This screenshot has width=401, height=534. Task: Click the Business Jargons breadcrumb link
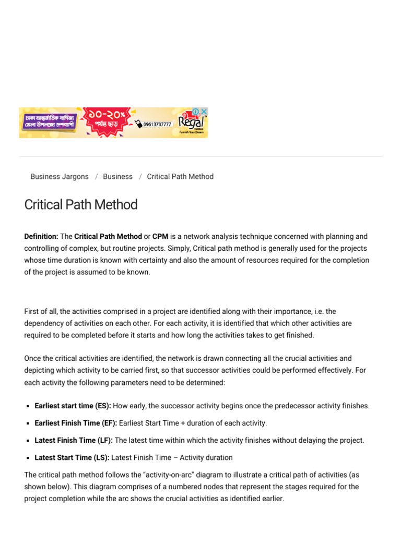point(60,177)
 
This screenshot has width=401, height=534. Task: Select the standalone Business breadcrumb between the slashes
point(117,177)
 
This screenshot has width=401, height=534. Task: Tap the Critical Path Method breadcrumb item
point(180,177)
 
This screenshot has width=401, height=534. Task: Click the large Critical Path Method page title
point(81,204)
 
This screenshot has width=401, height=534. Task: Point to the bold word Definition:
point(41,237)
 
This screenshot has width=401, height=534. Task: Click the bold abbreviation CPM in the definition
point(160,237)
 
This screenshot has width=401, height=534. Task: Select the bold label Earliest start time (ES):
point(73,406)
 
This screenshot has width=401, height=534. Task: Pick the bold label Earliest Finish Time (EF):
point(76,423)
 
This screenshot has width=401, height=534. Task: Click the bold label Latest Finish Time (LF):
point(74,440)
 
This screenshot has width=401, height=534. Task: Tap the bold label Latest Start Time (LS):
point(72,457)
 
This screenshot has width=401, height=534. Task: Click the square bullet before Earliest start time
point(27,406)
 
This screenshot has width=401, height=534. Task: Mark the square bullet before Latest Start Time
point(27,458)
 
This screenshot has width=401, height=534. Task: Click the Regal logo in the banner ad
point(192,123)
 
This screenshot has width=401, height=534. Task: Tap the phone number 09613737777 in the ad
point(156,124)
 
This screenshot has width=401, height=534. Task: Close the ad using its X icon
point(204,112)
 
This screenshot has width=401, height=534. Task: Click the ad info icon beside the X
point(196,112)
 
